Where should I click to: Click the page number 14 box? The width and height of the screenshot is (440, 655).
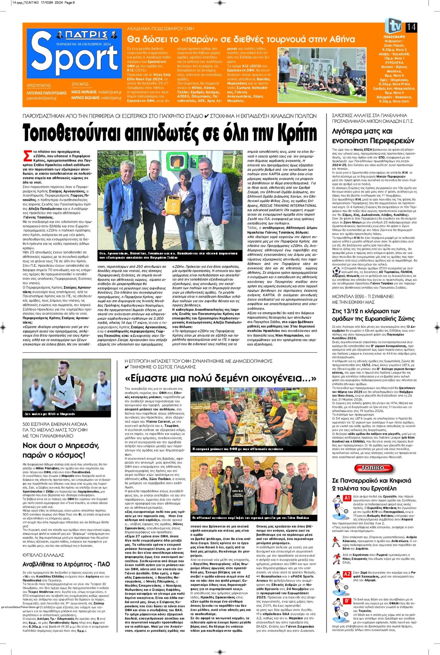(x=411, y=27)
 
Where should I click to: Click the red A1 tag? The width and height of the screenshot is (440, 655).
(x=347, y=498)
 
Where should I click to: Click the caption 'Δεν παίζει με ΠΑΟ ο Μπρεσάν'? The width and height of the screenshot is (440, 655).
(x=50, y=414)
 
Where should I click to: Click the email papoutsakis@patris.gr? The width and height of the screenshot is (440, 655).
(x=42, y=98)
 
